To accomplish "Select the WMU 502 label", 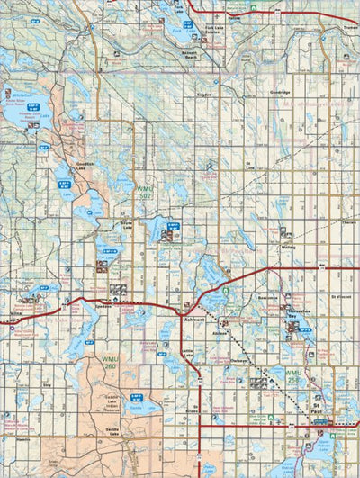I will [x=145, y=192].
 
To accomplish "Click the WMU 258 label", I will [x=292, y=374].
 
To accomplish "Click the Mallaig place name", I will [x=288, y=246].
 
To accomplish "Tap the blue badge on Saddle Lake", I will [x=137, y=397].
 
